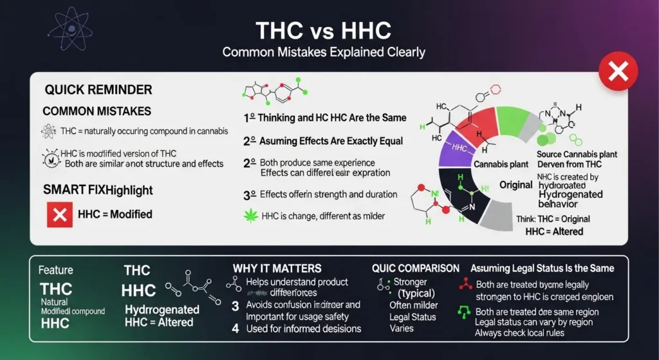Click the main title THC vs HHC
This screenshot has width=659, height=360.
[x=324, y=31]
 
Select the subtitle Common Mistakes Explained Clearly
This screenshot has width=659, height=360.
[x=324, y=52]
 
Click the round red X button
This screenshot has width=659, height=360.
[x=618, y=71]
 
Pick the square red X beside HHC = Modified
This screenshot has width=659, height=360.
[x=59, y=214]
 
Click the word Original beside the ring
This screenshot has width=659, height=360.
[x=515, y=185]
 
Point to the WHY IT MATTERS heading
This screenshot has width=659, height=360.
[x=277, y=268]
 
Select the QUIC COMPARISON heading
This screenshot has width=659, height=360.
[x=415, y=268]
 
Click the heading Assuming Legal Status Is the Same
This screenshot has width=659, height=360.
[x=542, y=268]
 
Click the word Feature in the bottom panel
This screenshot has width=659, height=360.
[x=56, y=270]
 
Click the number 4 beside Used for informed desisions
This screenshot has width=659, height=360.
[x=236, y=328]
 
